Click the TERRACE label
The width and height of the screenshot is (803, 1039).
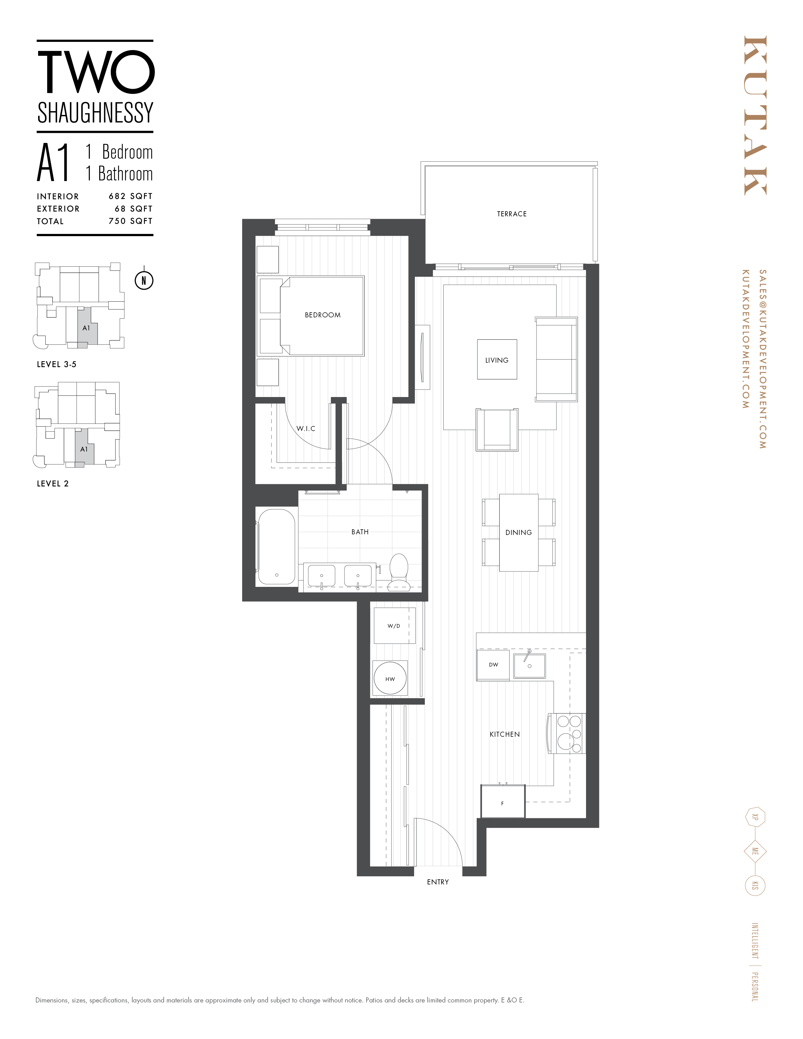tap(511, 214)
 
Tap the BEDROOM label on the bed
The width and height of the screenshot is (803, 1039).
tap(322, 315)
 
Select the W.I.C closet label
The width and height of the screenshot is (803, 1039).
tap(305, 429)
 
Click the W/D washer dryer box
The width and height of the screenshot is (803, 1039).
tap(394, 626)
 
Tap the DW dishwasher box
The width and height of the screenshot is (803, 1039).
tap(493, 665)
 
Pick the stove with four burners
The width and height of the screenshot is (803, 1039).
tap(567, 734)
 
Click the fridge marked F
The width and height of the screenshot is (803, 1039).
tap(502, 803)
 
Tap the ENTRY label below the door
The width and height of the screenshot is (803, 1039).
tap(438, 882)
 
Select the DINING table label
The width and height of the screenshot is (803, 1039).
tap(519, 533)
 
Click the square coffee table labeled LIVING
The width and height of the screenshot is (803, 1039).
tap(497, 360)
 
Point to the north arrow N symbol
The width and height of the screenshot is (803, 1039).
tap(144, 281)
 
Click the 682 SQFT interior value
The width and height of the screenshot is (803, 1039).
tap(130, 196)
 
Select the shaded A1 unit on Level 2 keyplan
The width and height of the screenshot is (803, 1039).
tap(84, 449)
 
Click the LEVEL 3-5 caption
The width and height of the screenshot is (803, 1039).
tap(57, 364)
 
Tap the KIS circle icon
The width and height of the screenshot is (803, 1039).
tap(755, 886)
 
